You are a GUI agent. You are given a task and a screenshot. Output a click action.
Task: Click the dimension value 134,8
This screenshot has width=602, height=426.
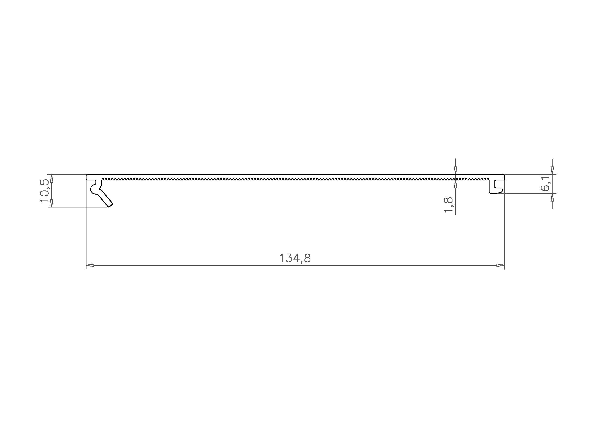coord(295,258)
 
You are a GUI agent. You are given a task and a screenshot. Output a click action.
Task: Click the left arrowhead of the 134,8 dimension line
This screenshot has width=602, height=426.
coord(90,265)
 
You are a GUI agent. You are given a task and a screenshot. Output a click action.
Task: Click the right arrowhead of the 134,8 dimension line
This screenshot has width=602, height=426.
coord(500,265)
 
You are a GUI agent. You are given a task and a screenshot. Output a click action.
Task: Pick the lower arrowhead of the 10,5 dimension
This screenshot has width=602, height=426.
coord(52,203)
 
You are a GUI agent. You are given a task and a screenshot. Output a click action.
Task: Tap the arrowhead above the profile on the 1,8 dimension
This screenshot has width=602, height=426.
coord(456,170)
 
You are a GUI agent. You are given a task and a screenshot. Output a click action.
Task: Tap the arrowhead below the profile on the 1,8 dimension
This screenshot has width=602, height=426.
coord(456,185)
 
